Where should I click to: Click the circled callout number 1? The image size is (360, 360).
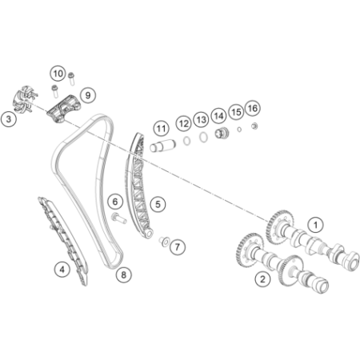[315, 225]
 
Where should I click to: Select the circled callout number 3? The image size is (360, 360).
[9, 119]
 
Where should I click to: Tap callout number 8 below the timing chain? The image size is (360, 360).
[124, 274]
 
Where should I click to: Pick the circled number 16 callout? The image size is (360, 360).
[253, 108]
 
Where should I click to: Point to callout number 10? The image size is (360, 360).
[58, 74]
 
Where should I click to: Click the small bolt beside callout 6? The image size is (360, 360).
[118, 218]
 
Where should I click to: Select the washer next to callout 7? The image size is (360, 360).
[164, 241]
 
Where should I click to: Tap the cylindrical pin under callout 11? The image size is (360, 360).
[162, 146]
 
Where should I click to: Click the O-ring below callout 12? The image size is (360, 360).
[187, 141]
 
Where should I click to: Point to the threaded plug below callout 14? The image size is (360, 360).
[222, 133]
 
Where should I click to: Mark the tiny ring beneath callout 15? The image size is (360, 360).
[239, 130]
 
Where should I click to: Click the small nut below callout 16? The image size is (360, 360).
[254, 126]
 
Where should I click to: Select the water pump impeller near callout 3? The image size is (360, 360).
[25, 100]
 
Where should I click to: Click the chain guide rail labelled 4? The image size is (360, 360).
[64, 240]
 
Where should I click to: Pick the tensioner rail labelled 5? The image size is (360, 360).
[138, 186]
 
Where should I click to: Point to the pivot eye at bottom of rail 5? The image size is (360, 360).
[148, 234]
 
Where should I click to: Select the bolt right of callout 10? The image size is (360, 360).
[71, 78]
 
